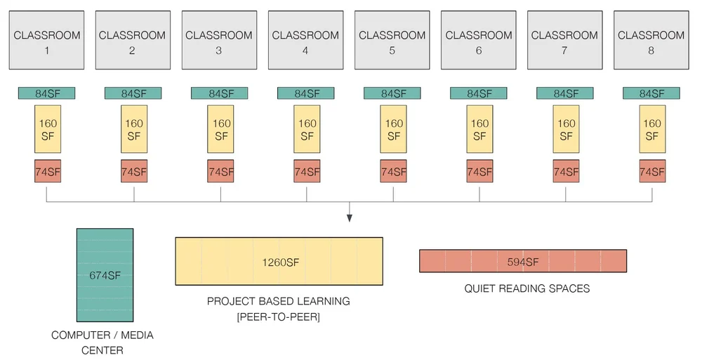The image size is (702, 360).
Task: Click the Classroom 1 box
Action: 47,40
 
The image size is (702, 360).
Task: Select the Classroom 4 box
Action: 305,40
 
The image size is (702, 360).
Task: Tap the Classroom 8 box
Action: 651,40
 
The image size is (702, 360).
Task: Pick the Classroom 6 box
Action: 479,40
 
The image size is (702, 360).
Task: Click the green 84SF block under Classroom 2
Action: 133,93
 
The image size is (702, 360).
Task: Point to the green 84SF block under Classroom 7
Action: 565,93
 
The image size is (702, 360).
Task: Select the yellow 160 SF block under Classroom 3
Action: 220,129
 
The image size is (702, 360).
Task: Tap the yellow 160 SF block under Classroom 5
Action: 393,129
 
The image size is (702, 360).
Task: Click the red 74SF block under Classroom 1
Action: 48,171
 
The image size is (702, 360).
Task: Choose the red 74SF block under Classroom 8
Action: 652,171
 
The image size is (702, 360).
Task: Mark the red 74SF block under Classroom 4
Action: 307,171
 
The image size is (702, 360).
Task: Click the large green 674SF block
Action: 105,275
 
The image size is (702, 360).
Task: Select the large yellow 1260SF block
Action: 279,262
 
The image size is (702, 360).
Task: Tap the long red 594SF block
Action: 522,261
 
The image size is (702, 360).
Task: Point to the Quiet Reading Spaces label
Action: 526,288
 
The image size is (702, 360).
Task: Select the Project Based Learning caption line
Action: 278,301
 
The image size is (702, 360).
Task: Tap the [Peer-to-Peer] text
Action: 279,317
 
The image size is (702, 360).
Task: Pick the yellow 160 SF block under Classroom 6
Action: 479,129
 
